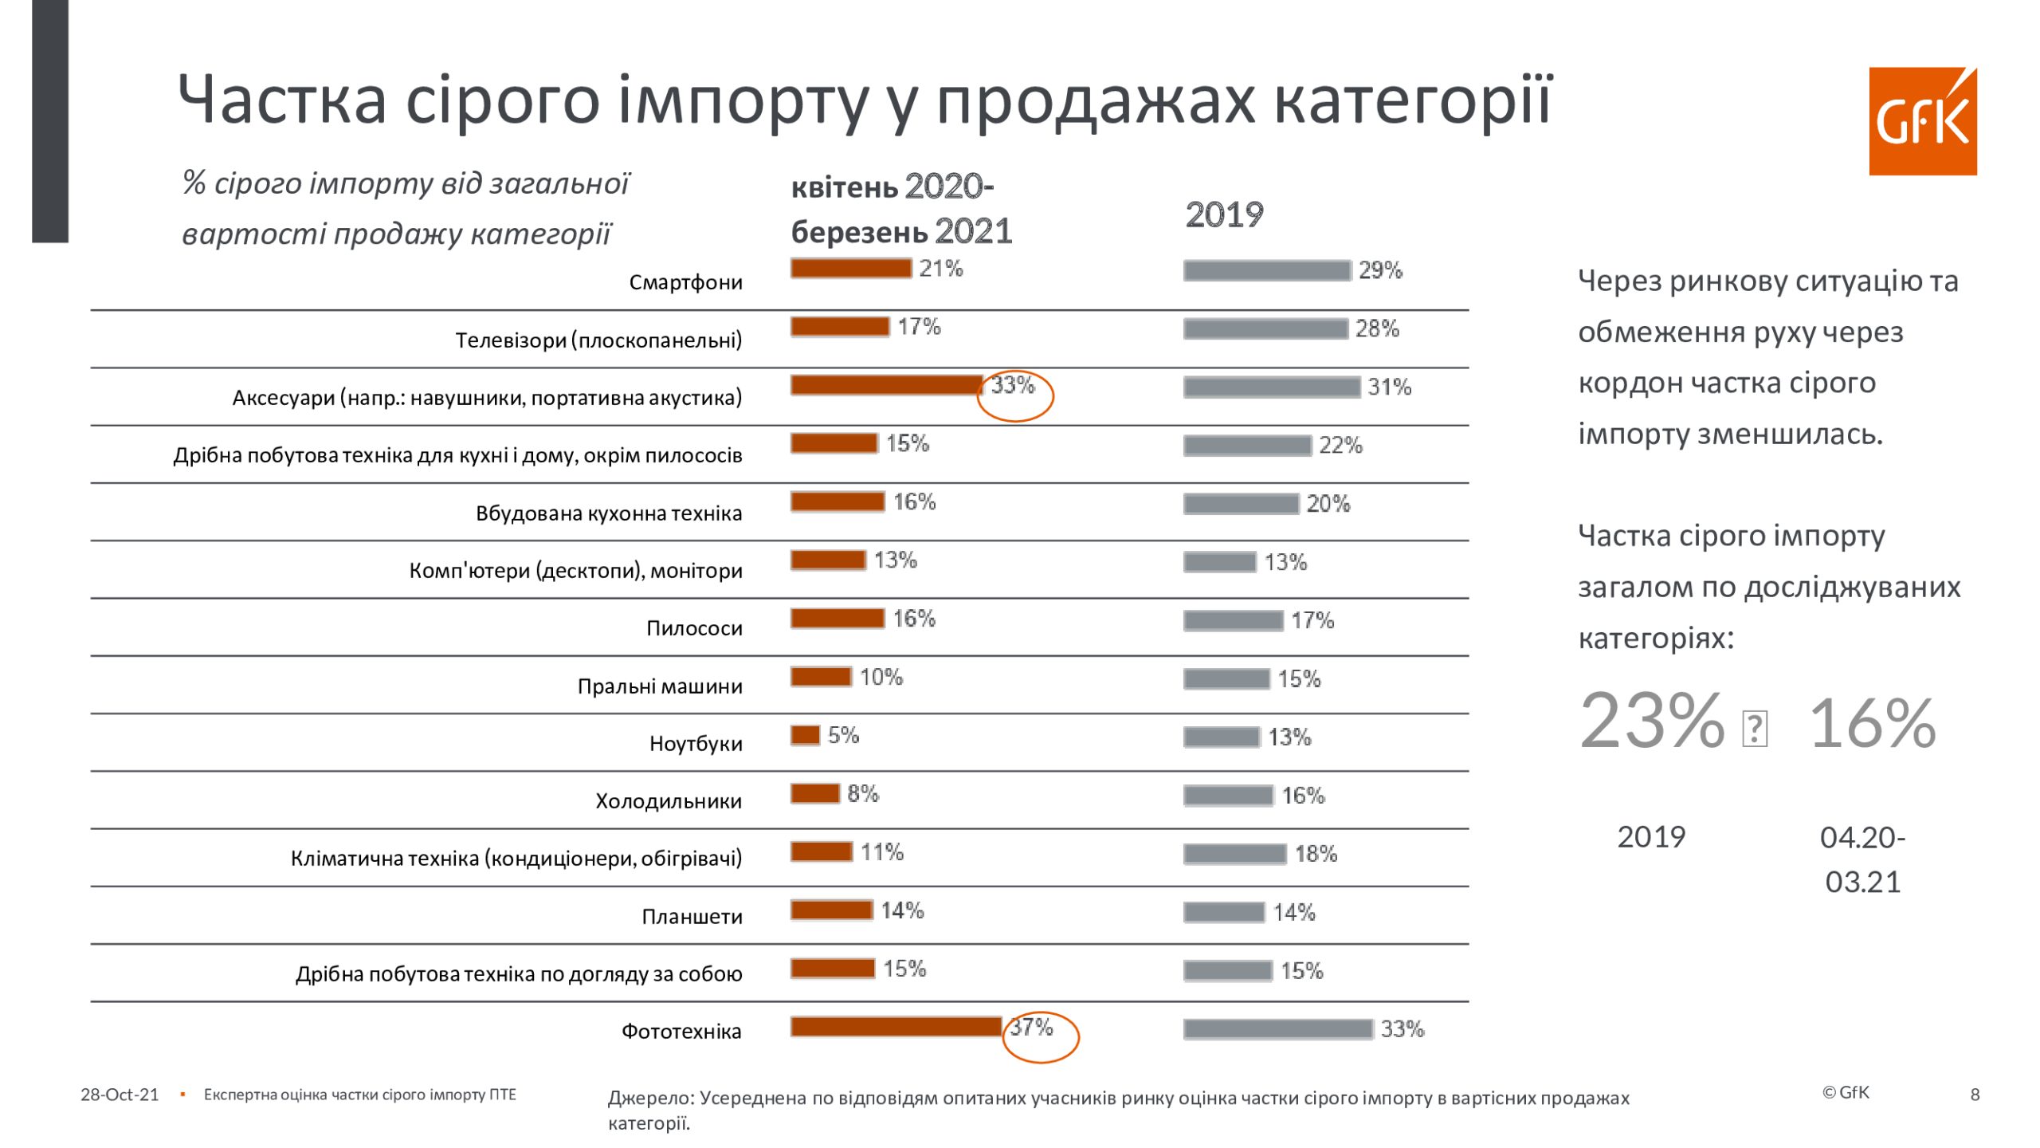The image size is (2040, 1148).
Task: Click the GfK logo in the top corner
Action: tap(1922, 121)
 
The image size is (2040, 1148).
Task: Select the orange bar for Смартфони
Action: tap(850, 269)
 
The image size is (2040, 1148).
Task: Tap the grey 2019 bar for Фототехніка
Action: tap(1277, 1029)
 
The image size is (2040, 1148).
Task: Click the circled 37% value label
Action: tap(1032, 1028)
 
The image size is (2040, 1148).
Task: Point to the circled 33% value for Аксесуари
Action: tap(1013, 386)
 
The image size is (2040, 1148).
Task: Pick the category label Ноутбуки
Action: tap(696, 744)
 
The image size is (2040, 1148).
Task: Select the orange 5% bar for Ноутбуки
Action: tap(805, 735)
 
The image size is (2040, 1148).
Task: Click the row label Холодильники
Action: tap(669, 801)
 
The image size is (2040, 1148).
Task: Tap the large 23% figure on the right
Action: tap(1652, 721)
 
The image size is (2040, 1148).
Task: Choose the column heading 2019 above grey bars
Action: tap(1224, 215)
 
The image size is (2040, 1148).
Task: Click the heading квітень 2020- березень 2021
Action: tap(900, 210)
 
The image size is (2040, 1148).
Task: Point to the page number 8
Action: tap(1975, 1095)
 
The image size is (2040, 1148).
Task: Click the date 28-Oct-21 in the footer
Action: tap(120, 1095)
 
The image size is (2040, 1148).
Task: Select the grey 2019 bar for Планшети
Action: tap(1223, 913)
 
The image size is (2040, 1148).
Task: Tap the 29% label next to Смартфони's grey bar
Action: tap(1380, 270)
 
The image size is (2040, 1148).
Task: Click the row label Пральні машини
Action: tap(660, 686)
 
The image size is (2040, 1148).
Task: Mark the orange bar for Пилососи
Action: tap(837, 619)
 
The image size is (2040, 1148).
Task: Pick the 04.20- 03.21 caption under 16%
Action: tap(1862, 859)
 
